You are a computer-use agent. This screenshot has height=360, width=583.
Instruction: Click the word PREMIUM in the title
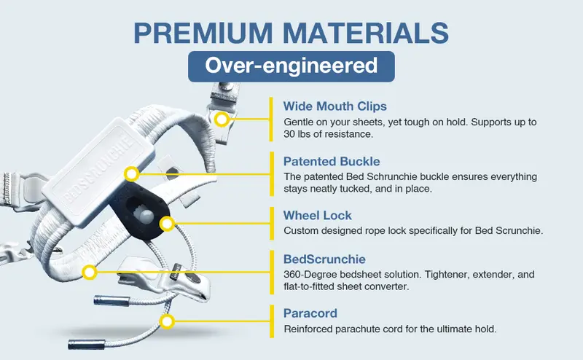point(203,33)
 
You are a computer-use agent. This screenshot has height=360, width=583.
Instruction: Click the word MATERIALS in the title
point(366,33)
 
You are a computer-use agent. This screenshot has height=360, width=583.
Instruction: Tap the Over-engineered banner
point(291,66)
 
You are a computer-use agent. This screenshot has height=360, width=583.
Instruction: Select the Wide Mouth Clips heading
point(335,106)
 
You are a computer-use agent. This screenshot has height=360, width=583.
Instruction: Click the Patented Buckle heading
point(332,161)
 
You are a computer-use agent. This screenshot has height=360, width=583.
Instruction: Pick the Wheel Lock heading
point(318,215)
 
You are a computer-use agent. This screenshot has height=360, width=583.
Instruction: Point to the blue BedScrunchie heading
point(324,259)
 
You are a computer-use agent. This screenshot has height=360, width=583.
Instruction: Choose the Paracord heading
point(310,313)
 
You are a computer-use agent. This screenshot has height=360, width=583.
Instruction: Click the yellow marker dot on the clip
point(222,120)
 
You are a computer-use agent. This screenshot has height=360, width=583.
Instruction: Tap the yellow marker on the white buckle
point(131,173)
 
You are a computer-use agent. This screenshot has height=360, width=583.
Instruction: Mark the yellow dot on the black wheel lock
point(167,224)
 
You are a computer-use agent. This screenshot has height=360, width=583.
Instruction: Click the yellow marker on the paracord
point(167,321)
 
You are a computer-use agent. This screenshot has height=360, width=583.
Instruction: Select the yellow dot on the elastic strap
point(89,273)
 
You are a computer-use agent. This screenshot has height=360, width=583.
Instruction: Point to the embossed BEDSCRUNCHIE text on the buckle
point(98,169)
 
